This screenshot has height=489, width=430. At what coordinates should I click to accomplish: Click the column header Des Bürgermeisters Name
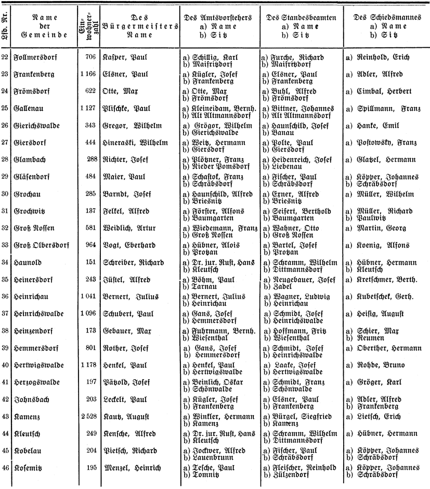pos(127,26)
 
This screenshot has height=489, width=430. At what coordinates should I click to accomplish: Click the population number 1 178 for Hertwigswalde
pos(88,366)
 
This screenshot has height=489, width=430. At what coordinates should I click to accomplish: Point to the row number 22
pos(5,57)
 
